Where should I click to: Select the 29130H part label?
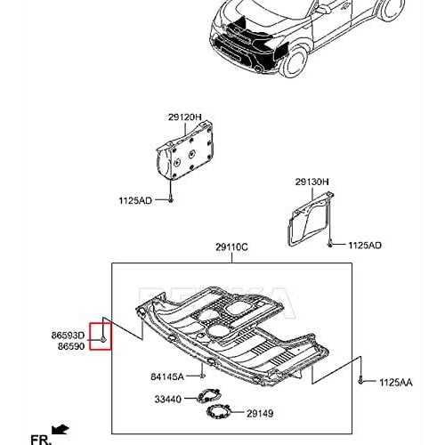[311, 182]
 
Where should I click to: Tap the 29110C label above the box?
[231, 247]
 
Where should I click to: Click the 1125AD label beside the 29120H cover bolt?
[135, 201]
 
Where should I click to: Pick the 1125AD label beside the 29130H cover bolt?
[365, 246]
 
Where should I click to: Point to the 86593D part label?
[68, 336]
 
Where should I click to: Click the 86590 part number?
[71, 346]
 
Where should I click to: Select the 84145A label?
[167, 376]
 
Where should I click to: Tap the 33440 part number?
[168, 400]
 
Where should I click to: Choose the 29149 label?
[260, 414]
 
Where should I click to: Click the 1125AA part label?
[396, 383]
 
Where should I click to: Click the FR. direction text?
[41, 440]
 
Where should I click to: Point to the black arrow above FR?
[61, 429]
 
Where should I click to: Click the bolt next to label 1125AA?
[360, 380]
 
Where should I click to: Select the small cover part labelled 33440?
[208, 396]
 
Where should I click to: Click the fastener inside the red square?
[103, 339]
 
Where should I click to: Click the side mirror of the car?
[320, 9]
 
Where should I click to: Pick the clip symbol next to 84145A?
[202, 376]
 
